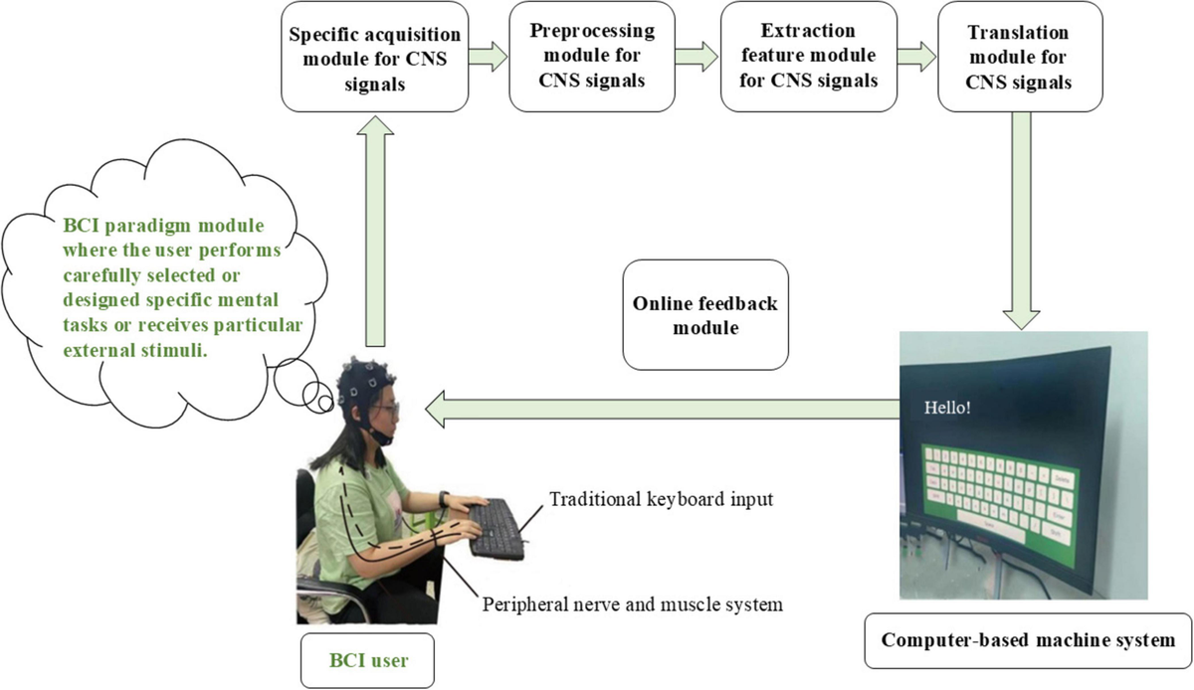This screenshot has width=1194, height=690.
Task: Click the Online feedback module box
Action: click(x=704, y=313)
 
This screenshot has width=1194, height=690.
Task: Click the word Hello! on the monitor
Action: click(x=947, y=407)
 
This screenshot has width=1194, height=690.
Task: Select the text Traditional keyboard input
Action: click(x=662, y=498)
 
